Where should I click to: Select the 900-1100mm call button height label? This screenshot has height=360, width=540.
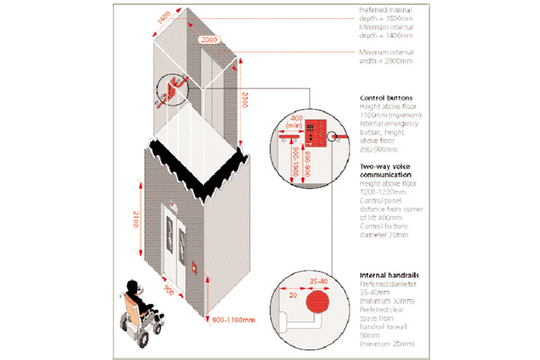233,319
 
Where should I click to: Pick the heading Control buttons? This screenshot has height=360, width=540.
386,97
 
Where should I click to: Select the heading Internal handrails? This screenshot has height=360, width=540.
389,275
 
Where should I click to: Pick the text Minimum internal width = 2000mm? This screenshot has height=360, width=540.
386,56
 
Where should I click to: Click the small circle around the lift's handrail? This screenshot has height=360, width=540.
169,92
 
